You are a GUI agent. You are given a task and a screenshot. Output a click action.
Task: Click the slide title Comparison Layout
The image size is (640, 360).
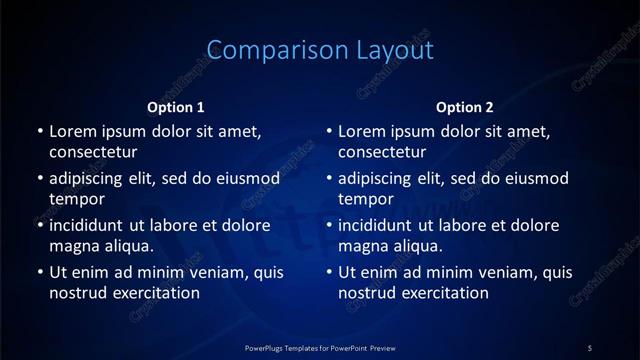[320, 49]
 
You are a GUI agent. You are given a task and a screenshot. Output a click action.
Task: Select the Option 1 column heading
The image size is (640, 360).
[176, 107]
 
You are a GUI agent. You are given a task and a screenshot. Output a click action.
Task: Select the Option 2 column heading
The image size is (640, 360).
[465, 107]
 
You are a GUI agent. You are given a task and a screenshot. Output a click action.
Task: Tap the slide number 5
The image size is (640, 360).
[590, 347]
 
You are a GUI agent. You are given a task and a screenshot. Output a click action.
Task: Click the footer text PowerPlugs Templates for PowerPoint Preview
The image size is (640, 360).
[320, 347]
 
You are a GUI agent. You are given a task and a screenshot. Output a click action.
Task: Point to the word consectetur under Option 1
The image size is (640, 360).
[93, 153]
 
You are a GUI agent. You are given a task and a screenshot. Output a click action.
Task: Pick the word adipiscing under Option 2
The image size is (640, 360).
[380, 178]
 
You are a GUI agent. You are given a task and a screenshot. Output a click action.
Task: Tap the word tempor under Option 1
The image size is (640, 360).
[77, 200]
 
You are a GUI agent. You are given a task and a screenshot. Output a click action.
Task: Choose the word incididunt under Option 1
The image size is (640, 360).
[91, 225]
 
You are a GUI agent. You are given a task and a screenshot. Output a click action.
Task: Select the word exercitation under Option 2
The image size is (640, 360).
[443, 293]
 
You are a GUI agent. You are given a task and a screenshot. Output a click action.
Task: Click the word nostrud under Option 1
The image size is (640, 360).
[77, 293]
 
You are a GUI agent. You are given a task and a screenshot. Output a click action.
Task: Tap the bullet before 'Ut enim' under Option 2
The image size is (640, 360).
[329, 271]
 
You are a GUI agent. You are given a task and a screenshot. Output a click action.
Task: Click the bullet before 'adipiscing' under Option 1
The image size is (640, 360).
[40, 178]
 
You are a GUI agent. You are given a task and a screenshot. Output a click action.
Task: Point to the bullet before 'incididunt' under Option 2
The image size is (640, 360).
[329, 225]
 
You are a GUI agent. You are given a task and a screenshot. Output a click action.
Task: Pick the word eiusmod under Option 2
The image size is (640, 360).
[541, 178]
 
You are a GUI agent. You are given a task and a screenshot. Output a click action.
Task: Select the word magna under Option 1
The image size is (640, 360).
[73, 246]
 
